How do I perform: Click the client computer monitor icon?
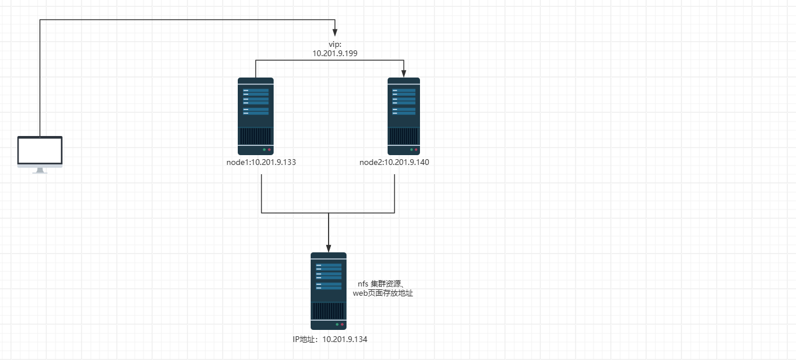[x=39, y=153]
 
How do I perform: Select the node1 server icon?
[x=255, y=116]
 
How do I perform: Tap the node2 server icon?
[x=403, y=116]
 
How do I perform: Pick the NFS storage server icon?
[x=329, y=291]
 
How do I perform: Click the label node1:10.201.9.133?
[x=261, y=162]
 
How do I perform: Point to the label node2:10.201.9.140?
[x=394, y=162]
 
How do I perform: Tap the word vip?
[x=336, y=44]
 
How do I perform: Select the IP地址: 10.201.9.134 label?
[x=330, y=339]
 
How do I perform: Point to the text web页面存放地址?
[x=383, y=293]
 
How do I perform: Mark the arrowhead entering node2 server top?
[x=403, y=74]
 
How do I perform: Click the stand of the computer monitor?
[x=39, y=171]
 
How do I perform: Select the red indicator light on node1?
[x=269, y=149]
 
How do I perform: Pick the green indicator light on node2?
[x=411, y=149]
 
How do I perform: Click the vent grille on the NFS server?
[x=329, y=311]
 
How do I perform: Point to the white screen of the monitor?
[x=39, y=151]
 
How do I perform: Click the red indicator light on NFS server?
[x=342, y=325]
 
